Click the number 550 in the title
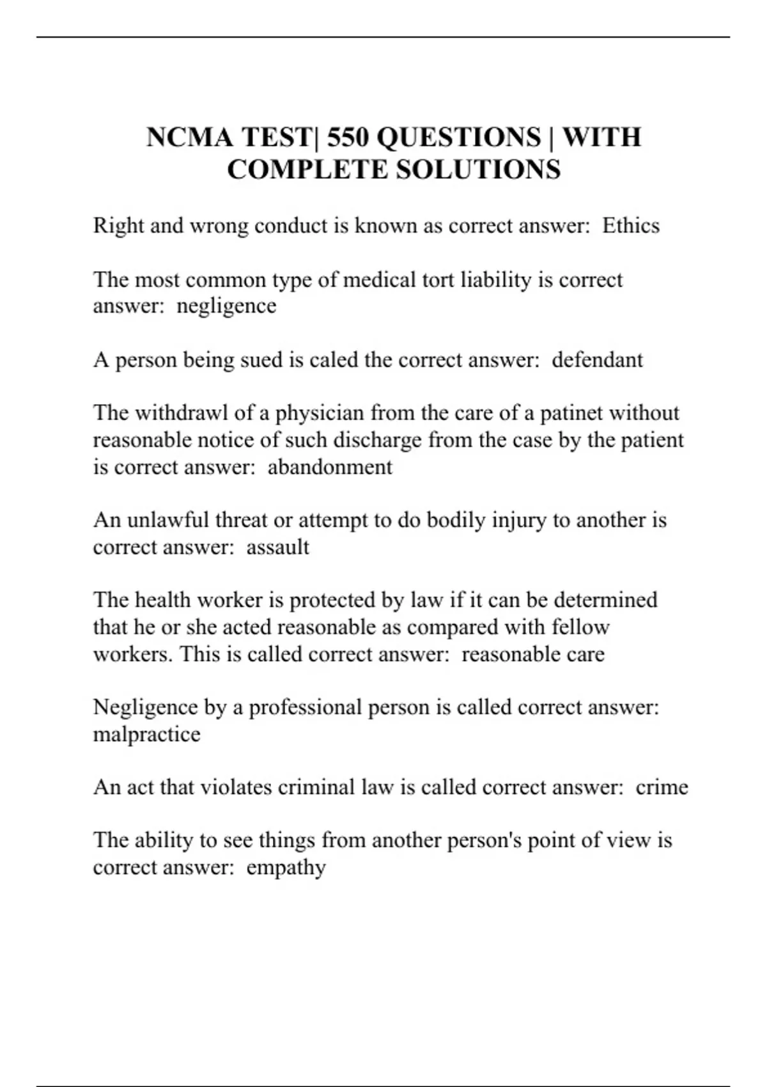tap(348, 137)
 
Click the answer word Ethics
tap(631, 226)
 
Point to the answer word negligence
tap(226, 306)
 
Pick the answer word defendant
tap(597, 360)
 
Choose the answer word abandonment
tap(330, 467)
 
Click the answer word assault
tap(277, 547)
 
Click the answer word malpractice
tap(146, 734)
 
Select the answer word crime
tap(662, 787)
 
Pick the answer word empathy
tap(286, 868)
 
